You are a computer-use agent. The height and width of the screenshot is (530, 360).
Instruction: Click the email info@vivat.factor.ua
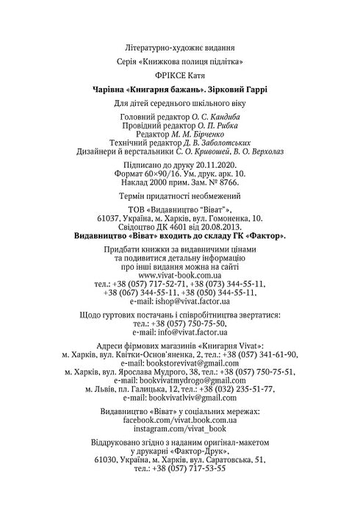point(190,332)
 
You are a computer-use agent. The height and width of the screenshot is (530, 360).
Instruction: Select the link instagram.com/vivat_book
point(180,427)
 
